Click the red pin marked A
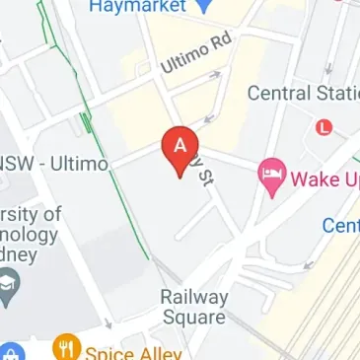click(x=180, y=151)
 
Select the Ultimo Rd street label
click(x=195, y=59)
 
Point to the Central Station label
click(x=301, y=94)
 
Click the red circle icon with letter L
click(x=324, y=127)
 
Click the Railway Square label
click(x=192, y=307)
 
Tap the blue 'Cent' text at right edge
click(x=340, y=226)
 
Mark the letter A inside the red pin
click(x=180, y=144)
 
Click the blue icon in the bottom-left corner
click(x=9, y=353)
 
